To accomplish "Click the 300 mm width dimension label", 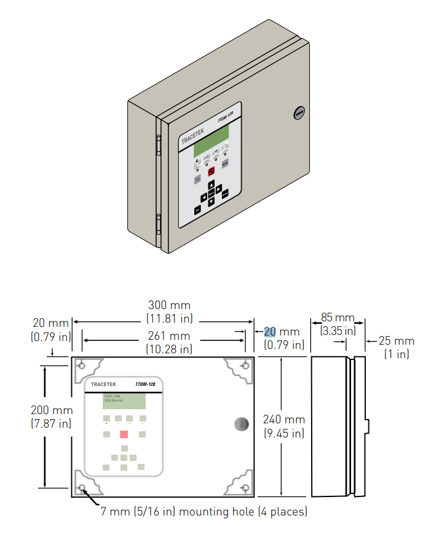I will tap(170, 305).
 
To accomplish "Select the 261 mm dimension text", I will tap(170, 336).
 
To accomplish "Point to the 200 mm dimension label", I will tap(52, 410).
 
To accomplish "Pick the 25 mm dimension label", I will tap(396, 341).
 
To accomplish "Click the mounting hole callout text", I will tap(204, 511).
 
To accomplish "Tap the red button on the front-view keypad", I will tap(124, 434).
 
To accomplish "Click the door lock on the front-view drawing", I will tap(242, 423).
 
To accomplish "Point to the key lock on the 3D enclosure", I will tap(299, 112).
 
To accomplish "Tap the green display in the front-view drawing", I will tap(124, 401).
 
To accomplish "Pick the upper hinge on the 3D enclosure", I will tap(158, 146).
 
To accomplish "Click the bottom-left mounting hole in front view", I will tap(82, 488).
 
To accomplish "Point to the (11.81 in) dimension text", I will tap(170, 318).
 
